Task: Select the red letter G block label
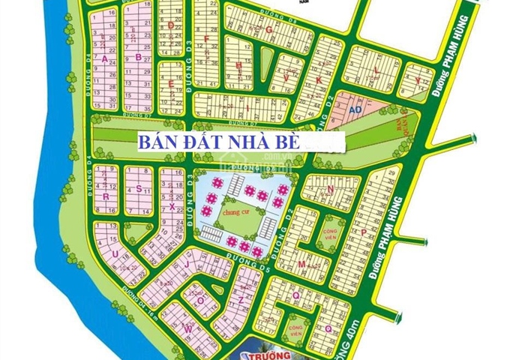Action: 268,28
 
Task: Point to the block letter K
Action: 318,79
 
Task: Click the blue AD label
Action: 355,109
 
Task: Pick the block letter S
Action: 139,190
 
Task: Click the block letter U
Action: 115,254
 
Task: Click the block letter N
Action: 330,190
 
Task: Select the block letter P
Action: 363,232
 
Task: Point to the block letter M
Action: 300,265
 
